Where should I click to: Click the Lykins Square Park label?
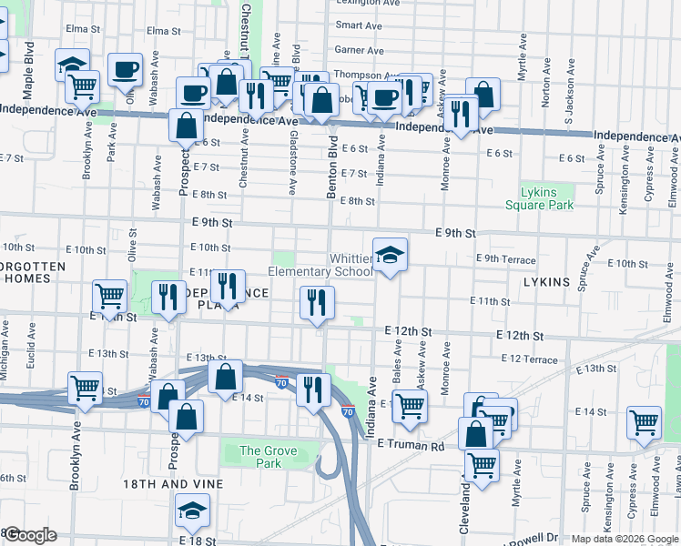[x=547, y=198]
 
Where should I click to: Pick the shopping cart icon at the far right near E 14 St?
[x=645, y=421]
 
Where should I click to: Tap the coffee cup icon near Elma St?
[x=125, y=69]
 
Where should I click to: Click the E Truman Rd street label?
[x=409, y=446]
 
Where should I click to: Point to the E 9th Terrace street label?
[x=506, y=259]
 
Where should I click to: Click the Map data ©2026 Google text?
[x=624, y=539]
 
